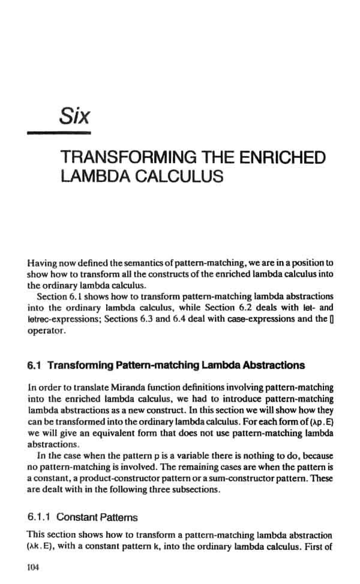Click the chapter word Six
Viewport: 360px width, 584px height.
(74, 115)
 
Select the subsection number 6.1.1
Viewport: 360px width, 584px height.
(40, 517)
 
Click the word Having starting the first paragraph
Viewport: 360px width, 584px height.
(43, 263)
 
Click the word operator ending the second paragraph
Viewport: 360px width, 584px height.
(43, 330)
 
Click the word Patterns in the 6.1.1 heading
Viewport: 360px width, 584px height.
(118, 517)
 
